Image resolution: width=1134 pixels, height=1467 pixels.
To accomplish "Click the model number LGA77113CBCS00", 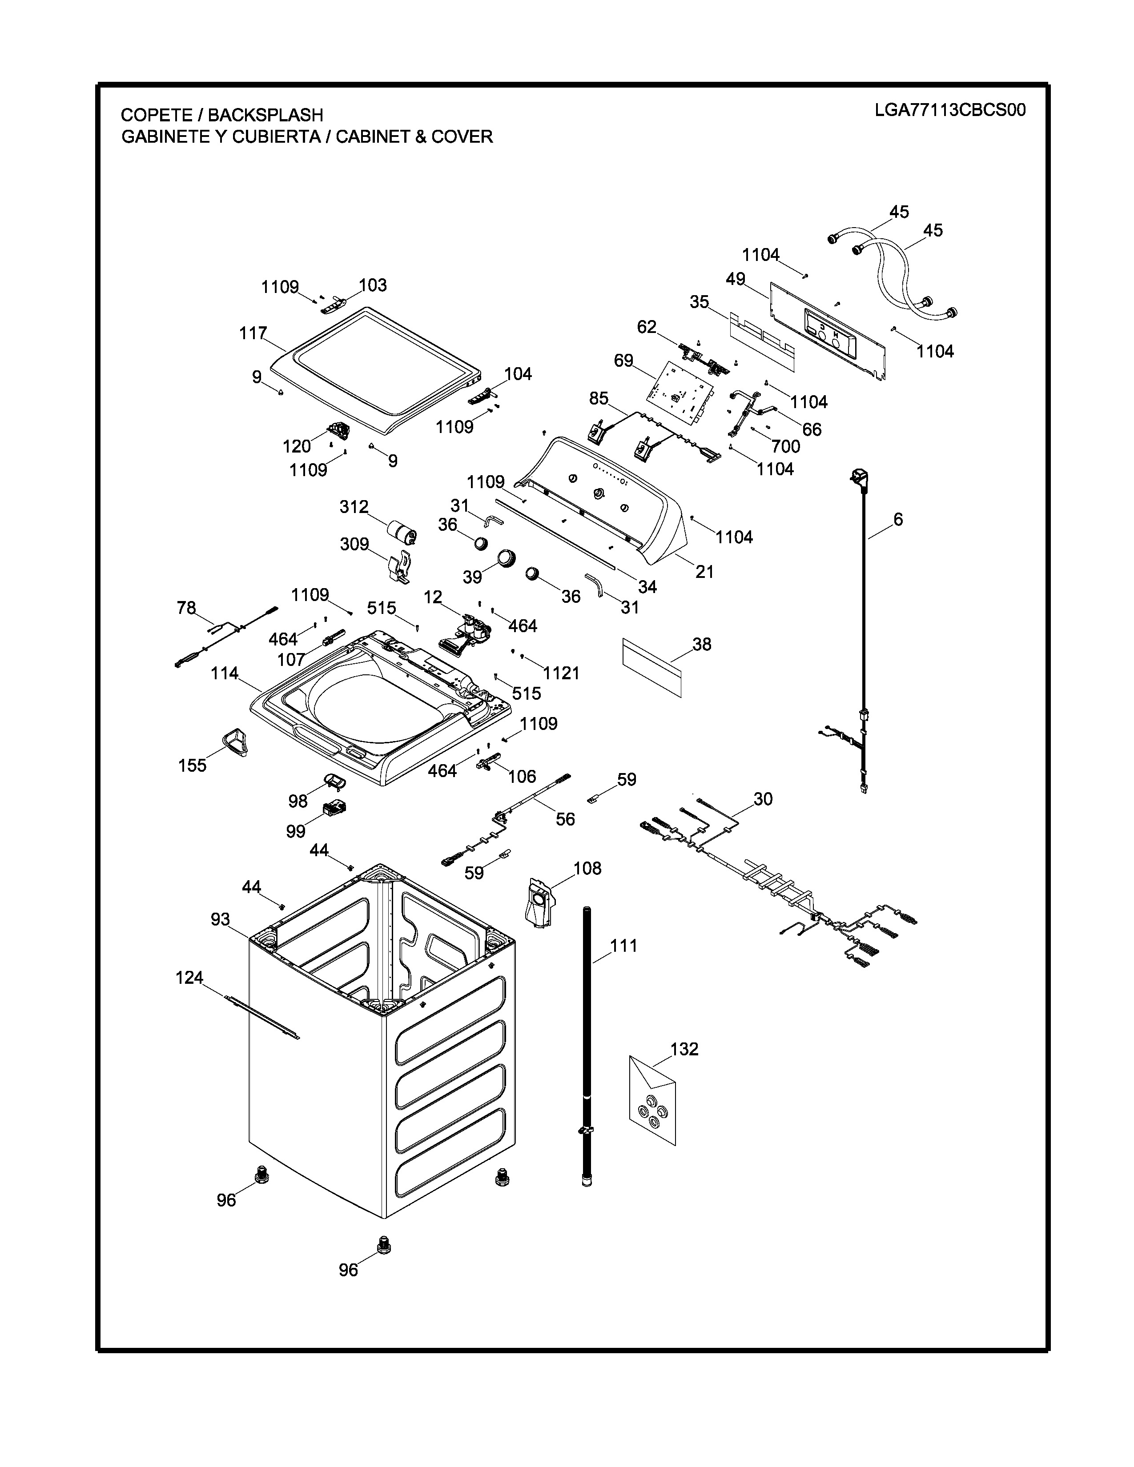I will click(x=950, y=110).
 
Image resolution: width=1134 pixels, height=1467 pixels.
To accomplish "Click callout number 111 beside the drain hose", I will click(x=623, y=946).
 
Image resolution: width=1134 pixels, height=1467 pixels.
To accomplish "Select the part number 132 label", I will click(x=684, y=1049).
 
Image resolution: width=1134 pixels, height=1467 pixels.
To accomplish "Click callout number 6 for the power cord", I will click(x=898, y=519).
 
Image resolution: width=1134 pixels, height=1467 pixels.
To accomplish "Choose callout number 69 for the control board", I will click(x=623, y=361).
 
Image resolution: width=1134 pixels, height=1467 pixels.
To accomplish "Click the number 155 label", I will click(x=192, y=766).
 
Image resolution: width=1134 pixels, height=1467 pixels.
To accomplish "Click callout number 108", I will click(x=587, y=869).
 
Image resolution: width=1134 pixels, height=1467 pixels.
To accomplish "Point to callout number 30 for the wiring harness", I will click(x=763, y=799).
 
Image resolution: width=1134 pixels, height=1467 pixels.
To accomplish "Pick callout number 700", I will click(x=786, y=446).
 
